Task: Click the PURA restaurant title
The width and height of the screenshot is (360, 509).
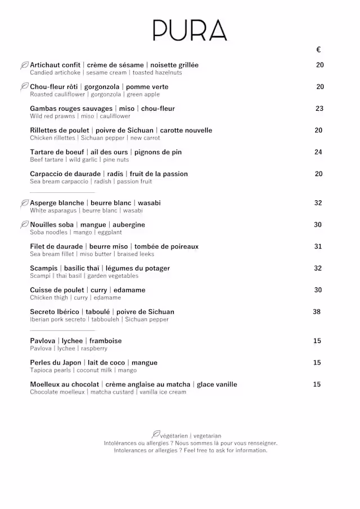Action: click(x=190, y=30)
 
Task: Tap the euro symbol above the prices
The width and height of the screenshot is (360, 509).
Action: click(x=318, y=50)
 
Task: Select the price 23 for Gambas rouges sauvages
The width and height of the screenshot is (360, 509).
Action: click(x=319, y=109)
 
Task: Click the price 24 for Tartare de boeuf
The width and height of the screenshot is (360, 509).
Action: click(x=318, y=152)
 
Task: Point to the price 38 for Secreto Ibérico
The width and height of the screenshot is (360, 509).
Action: click(x=317, y=312)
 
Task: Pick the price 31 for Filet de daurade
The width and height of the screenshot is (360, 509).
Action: click(x=318, y=246)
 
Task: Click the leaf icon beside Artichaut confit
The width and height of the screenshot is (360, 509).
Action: click(x=24, y=65)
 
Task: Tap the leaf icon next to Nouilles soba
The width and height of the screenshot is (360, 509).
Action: click(x=24, y=225)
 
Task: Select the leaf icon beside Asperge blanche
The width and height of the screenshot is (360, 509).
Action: click(x=24, y=203)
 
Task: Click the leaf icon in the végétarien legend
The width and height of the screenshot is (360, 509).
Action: click(x=156, y=434)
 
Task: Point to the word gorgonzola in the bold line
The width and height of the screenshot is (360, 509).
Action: click(x=102, y=87)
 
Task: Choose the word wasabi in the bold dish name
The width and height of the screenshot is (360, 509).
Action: click(x=149, y=203)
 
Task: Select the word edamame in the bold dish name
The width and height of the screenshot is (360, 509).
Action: click(x=128, y=290)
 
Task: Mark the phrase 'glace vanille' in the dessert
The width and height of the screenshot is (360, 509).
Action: click(x=217, y=385)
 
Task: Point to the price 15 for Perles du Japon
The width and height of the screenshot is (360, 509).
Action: click(x=317, y=363)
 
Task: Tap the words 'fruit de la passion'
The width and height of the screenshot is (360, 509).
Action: click(x=159, y=174)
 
